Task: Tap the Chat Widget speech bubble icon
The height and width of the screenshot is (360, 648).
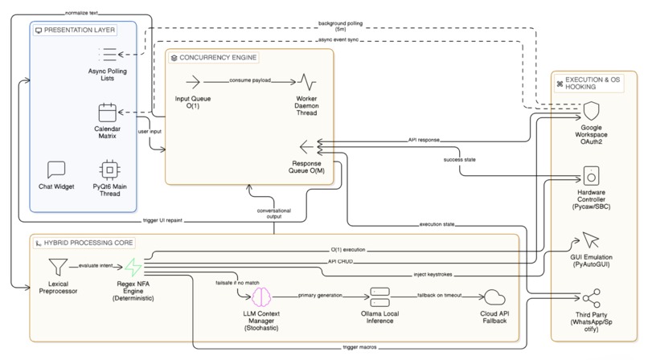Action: (56, 170)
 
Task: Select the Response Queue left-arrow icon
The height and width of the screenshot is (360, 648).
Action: (306, 146)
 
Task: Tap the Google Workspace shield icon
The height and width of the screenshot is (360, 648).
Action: (591, 110)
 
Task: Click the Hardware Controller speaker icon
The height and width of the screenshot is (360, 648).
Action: (591, 174)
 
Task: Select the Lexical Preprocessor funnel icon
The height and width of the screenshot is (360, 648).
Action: (59, 265)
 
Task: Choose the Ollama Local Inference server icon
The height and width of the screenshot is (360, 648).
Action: (379, 297)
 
